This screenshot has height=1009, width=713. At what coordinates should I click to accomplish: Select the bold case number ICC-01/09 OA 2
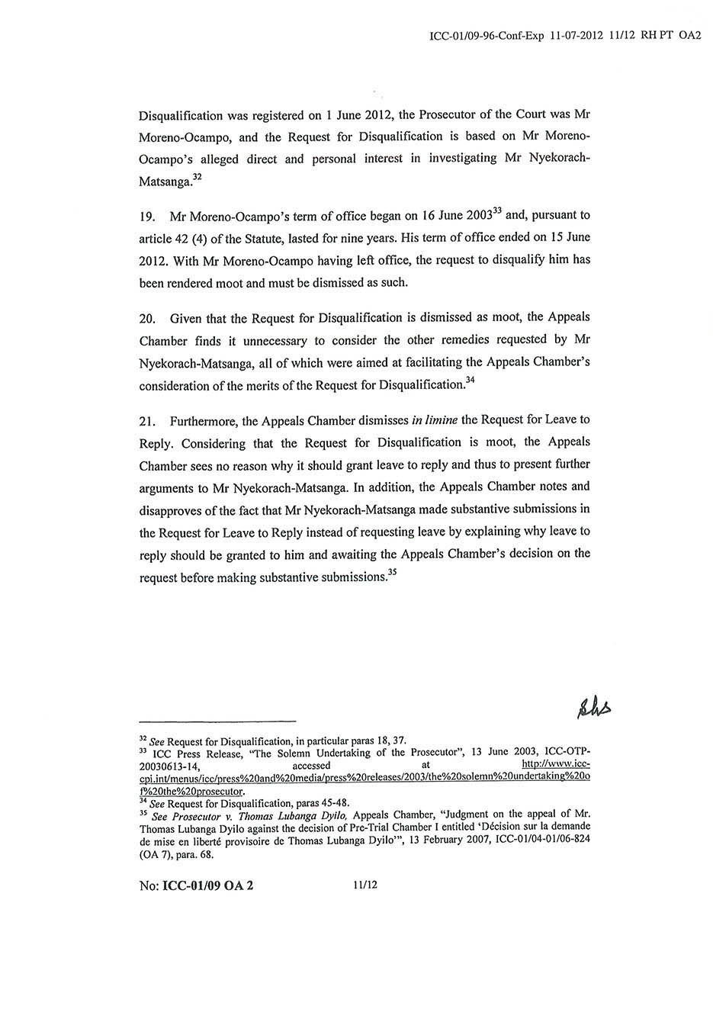[x=207, y=887]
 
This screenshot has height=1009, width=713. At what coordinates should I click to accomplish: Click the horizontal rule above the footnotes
[x=217, y=721]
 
